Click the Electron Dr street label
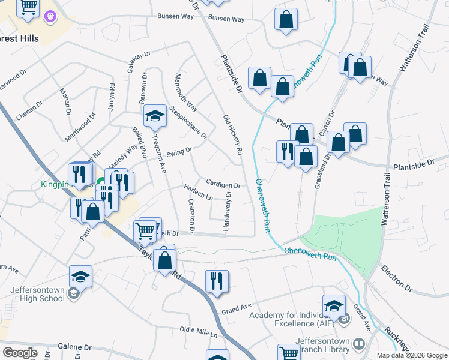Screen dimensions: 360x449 397,279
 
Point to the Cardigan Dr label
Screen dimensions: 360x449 223,185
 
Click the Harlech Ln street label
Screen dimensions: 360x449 199,193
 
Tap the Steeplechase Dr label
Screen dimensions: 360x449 188,123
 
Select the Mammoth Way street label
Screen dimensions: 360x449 185,93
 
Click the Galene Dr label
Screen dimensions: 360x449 75,347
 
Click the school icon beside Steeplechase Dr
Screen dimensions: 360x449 155,116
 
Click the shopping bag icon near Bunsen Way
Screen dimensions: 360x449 286,19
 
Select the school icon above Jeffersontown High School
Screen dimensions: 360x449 80,276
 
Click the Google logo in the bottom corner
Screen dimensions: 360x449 20,353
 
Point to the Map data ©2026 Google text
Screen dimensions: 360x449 412,355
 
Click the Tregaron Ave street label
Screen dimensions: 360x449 159,153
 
